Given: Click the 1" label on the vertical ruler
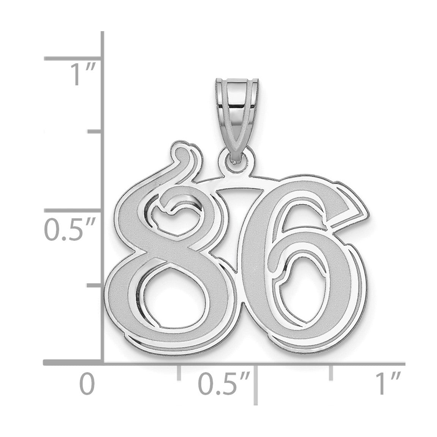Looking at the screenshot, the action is point(82,74).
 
